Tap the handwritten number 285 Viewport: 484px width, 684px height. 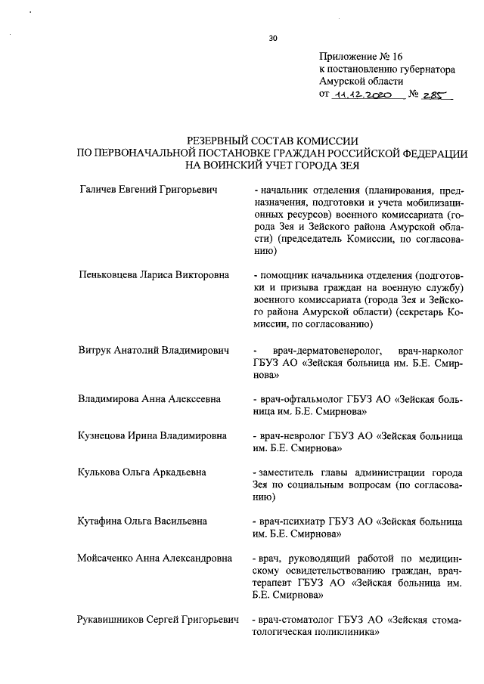435,95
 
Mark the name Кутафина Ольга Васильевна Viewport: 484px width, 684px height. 143,522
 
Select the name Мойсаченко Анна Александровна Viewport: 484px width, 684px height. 157,559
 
